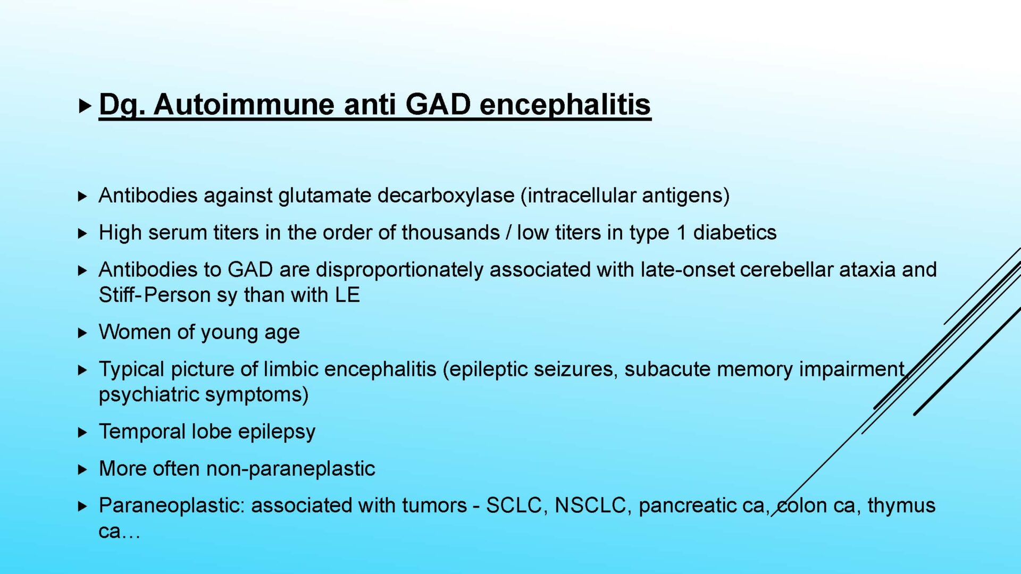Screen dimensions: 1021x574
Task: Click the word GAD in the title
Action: click(x=438, y=104)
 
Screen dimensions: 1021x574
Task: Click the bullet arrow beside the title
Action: click(x=85, y=106)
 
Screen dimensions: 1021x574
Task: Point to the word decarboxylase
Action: click(x=446, y=196)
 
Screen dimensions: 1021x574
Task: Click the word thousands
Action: click(x=450, y=232)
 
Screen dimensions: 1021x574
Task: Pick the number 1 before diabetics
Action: click(x=681, y=233)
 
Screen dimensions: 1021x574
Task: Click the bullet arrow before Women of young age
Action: click(x=82, y=333)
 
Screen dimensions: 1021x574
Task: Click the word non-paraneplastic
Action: click(x=290, y=469)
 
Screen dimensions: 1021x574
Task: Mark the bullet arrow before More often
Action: click(x=82, y=469)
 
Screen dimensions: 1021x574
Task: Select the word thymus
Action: click(x=901, y=506)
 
